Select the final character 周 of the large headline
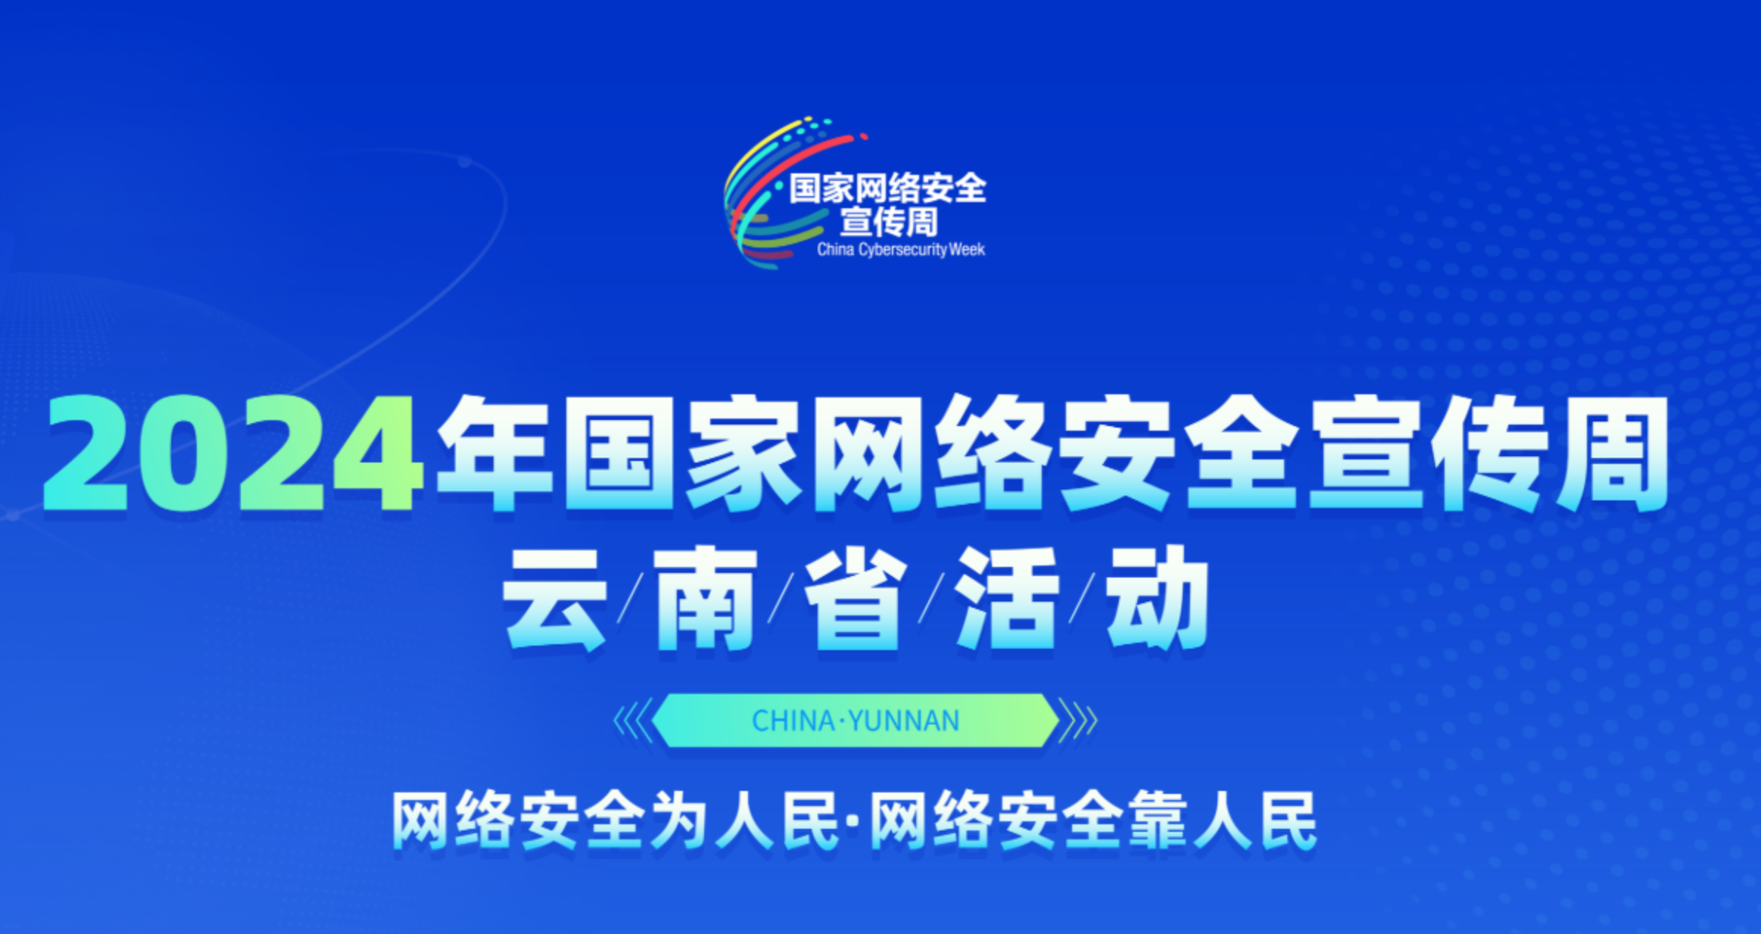pyautogui.click(x=1613, y=453)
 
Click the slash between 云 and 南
pyautogui.click(x=630, y=599)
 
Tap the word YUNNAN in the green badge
pyautogui.click(x=904, y=721)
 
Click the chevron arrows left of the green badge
pyautogui.click(x=633, y=721)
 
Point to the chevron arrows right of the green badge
pyautogui.click(x=1077, y=721)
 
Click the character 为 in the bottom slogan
pyautogui.click(x=679, y=821)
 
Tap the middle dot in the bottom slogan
pyautogui.click(x=854, y=822)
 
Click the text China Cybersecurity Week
pyautogui.click(x=901, y=250)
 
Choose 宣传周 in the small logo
pyautogui.click(x=889, y=222)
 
